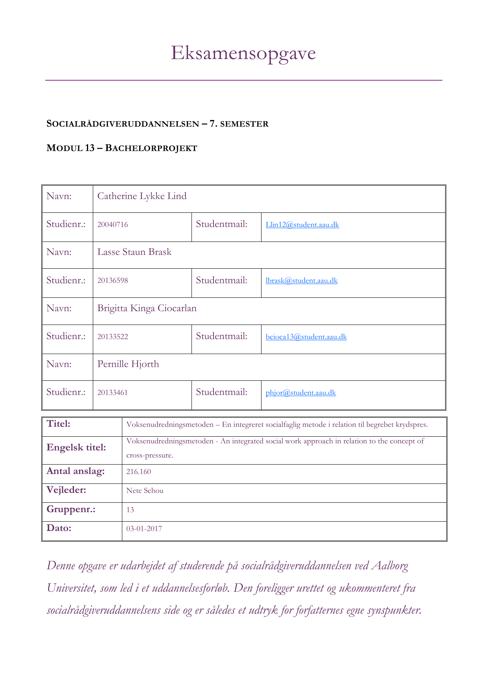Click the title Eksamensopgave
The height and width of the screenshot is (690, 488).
pos(243,53)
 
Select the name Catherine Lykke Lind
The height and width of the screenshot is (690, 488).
pos(142,196)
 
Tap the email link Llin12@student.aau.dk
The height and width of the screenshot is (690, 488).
pos(302,225)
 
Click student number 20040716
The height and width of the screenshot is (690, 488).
pos(112,225)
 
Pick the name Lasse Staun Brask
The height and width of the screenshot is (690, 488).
pos(134,252)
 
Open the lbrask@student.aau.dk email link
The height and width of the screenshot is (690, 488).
pos(301,280)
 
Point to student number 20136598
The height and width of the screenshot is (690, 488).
pos(112,280)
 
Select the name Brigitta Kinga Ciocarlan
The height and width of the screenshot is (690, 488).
pos(147,308)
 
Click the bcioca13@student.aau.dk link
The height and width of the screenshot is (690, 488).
pos(306,337)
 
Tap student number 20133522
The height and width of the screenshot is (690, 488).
pos(112,337)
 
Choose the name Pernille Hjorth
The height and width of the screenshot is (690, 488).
pos(128,364)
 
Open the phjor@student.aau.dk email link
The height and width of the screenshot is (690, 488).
pos(300,393)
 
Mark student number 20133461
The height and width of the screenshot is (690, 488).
pos(112,393)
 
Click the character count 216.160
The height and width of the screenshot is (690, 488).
pos(138,472)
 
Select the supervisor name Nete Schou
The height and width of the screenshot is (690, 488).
pos(145,491)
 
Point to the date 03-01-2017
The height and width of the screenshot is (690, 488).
pos(144,529)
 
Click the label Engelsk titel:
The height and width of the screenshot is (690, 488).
pos(76,448)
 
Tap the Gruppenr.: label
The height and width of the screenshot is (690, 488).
pos(71,509)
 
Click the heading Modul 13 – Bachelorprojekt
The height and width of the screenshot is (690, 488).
pos(122,148)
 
